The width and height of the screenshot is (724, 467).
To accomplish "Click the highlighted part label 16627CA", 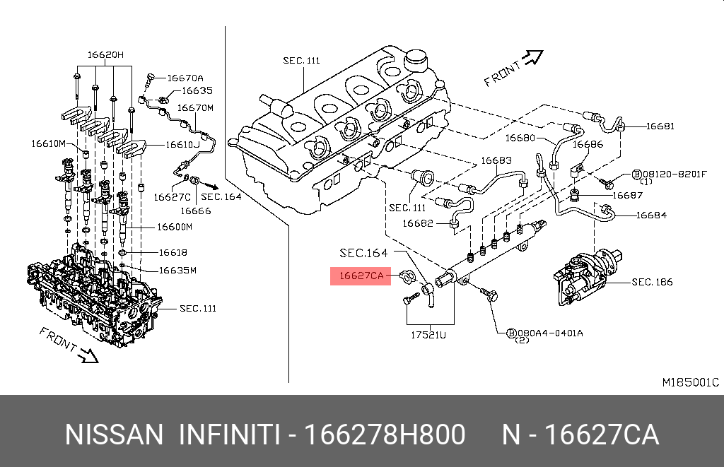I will pyautogui.click(x=361, y=276).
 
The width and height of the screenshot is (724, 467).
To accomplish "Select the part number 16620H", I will pyautogui.click(x=105, y=54).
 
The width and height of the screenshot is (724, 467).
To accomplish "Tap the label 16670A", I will pyautogui.click(x=185, y=78).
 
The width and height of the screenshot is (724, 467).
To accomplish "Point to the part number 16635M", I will pyautogui.click(x=177, y=270).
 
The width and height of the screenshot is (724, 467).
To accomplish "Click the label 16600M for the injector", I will pyautogui.click(x=174, y=227).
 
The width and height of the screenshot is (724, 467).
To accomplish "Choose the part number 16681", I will pyautogui.click(x=659, y=127).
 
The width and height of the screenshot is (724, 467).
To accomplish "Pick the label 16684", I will pyautogui.click(x=651, y=215).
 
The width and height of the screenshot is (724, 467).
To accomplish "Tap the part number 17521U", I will pyautogui.click(x=428, y=335).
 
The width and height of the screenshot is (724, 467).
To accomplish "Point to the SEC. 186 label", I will pyautogui.click(x=652, y=283).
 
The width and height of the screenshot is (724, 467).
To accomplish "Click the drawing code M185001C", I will pyautogui.click(x=690, y=382).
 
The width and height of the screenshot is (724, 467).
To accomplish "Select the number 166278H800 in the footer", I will pyautogui.click(x=384, y=435).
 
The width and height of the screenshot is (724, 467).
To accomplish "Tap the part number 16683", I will pyautogui.click(x=496, y=160).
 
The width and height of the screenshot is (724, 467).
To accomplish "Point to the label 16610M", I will pyautogui.click(x=48, y=143).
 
